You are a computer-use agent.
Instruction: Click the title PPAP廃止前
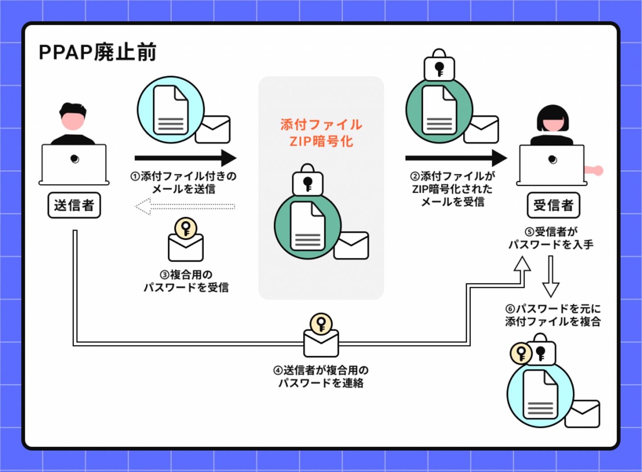click(98, 52)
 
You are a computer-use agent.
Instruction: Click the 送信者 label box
click(74, 205)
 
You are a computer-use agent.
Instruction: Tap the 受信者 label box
click(553, 205)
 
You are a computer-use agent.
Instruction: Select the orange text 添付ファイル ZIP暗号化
click(321, 133)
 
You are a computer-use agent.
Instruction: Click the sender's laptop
click(74, 164)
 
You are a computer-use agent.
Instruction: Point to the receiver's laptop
click(552, 164)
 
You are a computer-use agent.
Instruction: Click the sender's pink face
click(73, 121)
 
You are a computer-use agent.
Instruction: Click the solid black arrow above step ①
click(185, 158)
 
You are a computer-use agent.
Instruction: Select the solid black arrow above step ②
click(456, 158)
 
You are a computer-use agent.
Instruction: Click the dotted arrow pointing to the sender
click(185, 206)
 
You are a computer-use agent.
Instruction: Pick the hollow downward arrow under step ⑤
click(551, 276)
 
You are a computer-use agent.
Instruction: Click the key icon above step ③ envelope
click(185, 228)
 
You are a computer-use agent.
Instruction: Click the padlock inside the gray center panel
click(308, 181)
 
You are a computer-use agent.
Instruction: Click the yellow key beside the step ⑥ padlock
click(521, 353)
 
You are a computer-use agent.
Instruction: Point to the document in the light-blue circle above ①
click(171, 110)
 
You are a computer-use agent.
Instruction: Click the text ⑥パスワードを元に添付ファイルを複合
click(553, 315)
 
